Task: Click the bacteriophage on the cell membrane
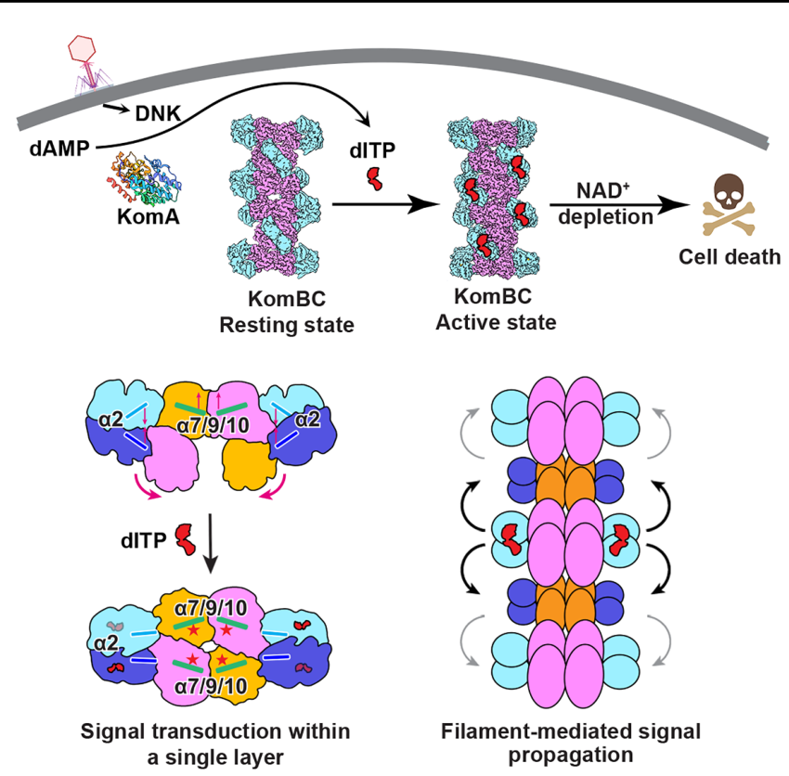tap(89, 65)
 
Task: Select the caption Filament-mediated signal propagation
tap(570, 743)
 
